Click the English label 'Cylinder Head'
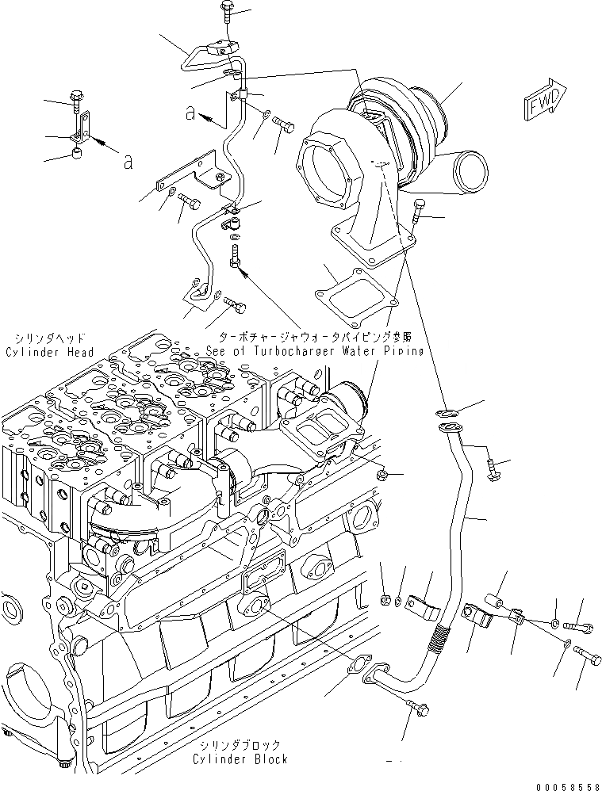(x=48, y=352)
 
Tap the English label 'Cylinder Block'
(x=240, y=759)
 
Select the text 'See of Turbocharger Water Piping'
(x=314, y=350)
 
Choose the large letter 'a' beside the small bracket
(x=127, y=162)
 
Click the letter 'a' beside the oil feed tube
(x=190, y=113)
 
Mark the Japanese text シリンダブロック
(x=240, y=745)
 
